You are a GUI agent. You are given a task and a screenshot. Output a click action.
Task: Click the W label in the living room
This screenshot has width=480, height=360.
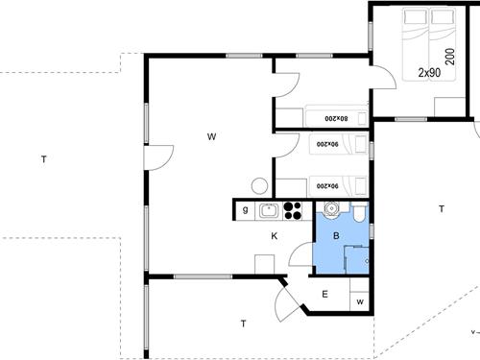[211, 136]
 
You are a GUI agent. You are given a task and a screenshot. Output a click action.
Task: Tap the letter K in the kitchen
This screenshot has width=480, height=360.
[275, 236]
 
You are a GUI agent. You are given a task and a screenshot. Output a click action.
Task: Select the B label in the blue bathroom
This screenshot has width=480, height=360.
[336, 236]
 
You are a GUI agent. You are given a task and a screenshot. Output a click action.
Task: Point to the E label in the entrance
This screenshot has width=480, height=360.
[324, 294]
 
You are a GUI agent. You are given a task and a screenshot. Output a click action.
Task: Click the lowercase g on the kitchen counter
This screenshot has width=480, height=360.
[245, 210]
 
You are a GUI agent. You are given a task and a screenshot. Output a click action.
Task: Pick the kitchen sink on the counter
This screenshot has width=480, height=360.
[269, 210]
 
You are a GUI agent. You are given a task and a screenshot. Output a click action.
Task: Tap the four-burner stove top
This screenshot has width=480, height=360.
[293, 210]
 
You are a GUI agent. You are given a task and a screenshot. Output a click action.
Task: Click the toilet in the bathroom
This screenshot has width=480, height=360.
[359, 212]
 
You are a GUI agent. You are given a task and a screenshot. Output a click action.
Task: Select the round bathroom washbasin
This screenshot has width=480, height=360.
[331, 209]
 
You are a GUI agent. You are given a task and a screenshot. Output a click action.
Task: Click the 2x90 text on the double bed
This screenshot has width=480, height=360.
[429, 73]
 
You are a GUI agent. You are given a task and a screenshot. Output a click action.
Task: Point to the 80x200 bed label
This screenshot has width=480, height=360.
[336, 118]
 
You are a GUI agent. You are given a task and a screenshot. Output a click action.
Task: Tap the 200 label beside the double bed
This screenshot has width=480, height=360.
[450, 57]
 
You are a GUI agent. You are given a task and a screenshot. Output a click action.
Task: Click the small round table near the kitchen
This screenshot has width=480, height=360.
[259, 186]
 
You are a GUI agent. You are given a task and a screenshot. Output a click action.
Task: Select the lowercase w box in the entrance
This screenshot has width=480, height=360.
[360, 301]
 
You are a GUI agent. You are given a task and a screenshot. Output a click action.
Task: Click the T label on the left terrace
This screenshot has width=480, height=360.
[44, 159]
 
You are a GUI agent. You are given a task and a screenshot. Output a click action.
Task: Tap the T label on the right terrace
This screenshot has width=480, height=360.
[442, 209]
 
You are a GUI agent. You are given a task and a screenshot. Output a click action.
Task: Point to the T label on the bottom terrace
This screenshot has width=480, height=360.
[244, 324]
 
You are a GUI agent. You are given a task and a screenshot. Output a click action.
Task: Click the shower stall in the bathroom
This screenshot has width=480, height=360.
[356, 260]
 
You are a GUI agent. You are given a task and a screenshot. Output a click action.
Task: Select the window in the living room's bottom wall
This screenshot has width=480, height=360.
[203, 276]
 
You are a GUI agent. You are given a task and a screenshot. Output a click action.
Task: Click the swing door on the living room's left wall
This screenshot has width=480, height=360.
[159, 157]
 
